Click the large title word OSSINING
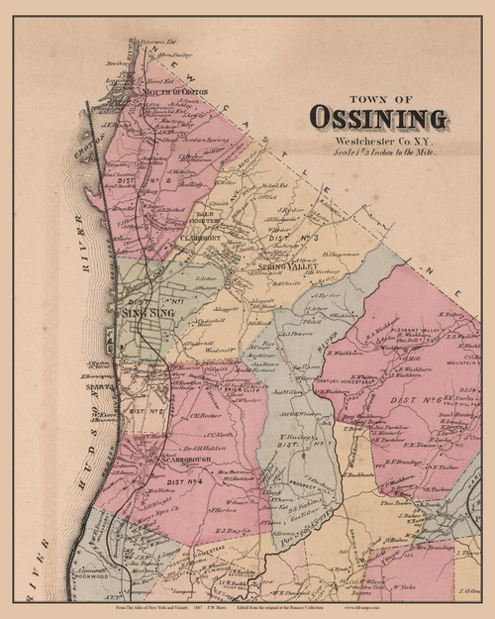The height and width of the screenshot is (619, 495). coord(378,117)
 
